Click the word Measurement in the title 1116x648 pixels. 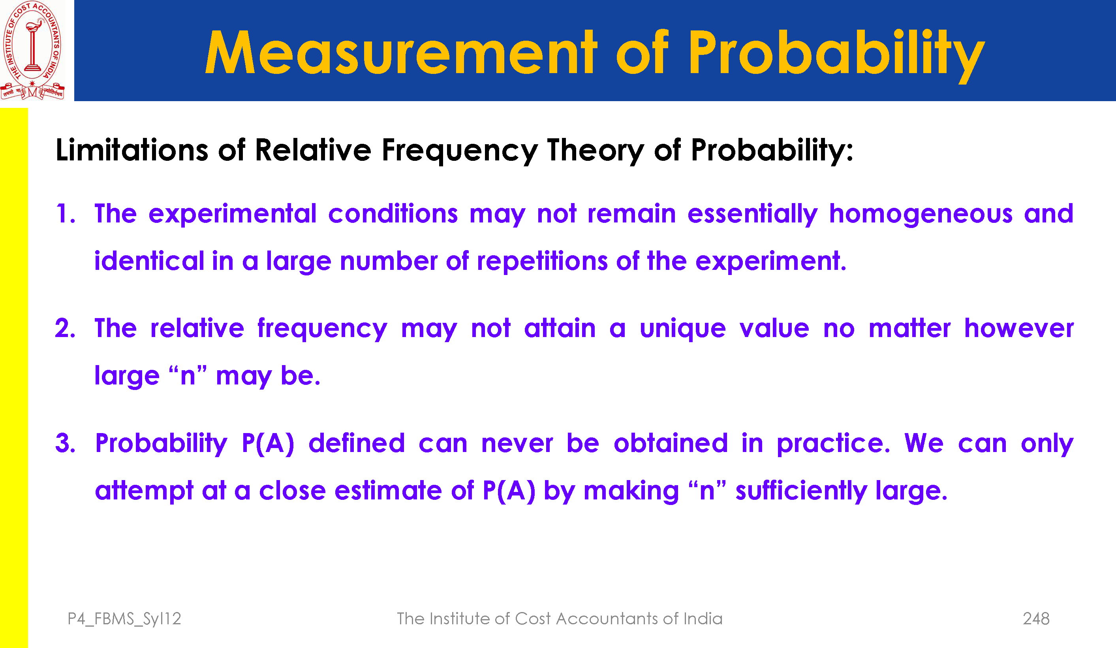click(x=401, y=52)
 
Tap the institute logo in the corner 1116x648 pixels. click(x=32, y=50)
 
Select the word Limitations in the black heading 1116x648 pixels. click(x=132, y=150)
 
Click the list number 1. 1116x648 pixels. click(x=65, y=213)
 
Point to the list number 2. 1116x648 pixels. click(x=65, y=328)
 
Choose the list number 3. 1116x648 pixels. click(x=65, y=443)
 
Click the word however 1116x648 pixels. click(x=1019, y=328)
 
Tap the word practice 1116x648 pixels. click(x=833, y=445)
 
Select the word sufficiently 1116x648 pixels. click(x=801, y=492)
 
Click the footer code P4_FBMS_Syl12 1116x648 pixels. click(x=124, y=619)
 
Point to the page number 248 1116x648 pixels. click(x=1036, y=618)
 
